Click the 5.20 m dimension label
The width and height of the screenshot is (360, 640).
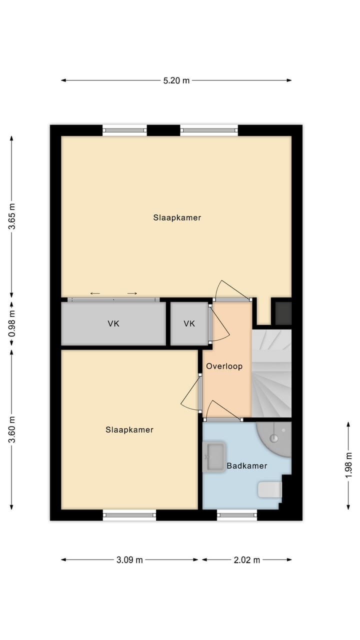[x=176, y=80]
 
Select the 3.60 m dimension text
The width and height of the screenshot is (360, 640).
[x=12, y=429]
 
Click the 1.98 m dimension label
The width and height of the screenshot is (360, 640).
[x=348, y=465]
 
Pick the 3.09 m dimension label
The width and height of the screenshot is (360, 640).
[x=129, y=560]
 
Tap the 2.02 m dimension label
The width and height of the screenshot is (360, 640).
[x=246, y=560]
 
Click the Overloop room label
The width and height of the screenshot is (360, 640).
[x=224, y=366]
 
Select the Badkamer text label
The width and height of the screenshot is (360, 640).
[x=246, y=466]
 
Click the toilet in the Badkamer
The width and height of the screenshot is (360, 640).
[x=270, y=489]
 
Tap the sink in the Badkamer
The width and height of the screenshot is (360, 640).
[x=214, y=457]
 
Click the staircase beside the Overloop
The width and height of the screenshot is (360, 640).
[x=271, y=372]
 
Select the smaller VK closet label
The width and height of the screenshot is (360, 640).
[x=189, y=324]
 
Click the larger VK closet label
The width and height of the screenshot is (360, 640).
[x=113, y=324]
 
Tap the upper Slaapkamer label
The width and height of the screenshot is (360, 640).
[x=177, y=218]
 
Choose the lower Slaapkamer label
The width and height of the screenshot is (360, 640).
[x=129, y=430]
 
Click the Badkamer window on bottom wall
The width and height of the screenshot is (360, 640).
[x=237, y=515]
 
